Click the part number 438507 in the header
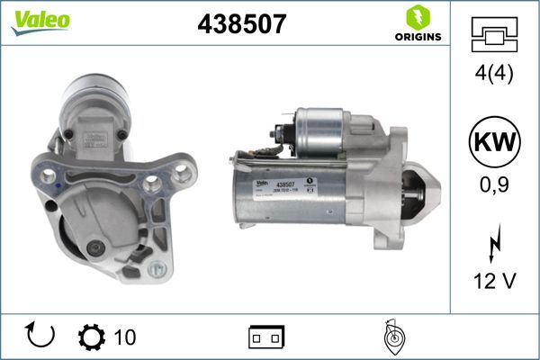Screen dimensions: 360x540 pos(241,24)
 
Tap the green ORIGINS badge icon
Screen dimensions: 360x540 pos(418,17)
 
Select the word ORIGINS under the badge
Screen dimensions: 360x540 pos(418,38)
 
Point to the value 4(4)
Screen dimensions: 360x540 pos(494,74)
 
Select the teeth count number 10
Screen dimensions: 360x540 pos(125,337)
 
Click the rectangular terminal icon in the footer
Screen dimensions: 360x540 pos(266,337)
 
